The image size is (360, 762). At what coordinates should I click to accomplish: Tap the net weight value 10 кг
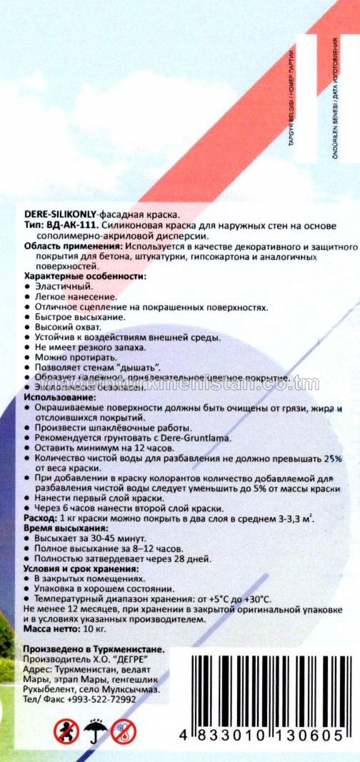[x=88, y=631]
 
